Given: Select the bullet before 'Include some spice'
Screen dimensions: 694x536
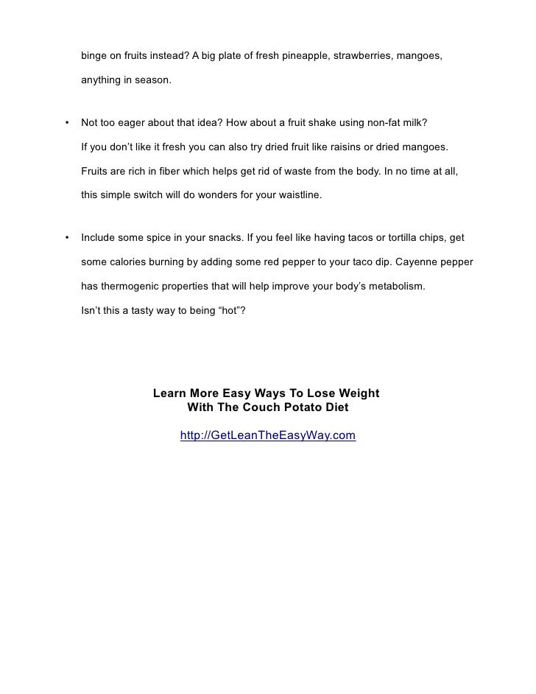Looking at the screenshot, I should [x=67, y=239].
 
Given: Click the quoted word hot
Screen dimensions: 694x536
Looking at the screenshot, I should [x=224, y=310].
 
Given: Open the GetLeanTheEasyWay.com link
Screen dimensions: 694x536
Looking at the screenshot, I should [x=268, y=436].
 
